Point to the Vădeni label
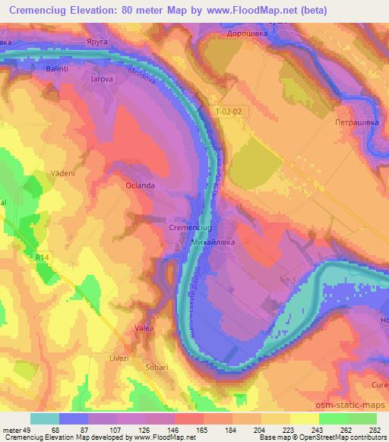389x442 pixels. [63, 173]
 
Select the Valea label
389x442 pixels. [144, 328]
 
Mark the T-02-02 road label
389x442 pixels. [228, 111]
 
